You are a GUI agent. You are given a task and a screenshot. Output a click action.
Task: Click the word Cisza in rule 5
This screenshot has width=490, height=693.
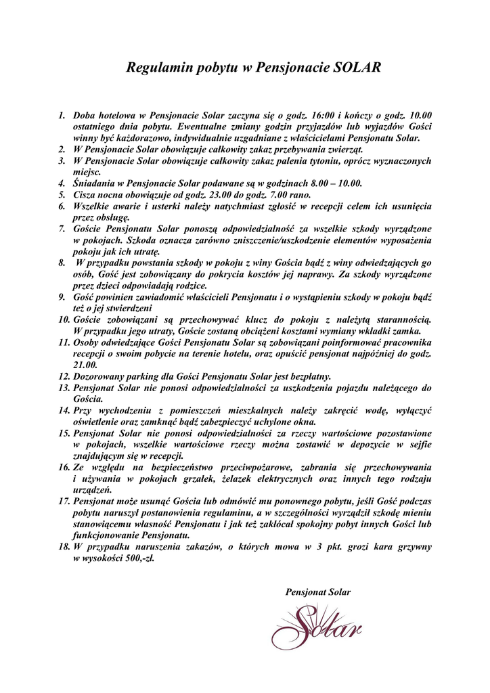coord(86,194)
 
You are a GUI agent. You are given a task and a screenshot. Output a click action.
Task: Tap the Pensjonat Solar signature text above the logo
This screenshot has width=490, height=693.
coord(318,591)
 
